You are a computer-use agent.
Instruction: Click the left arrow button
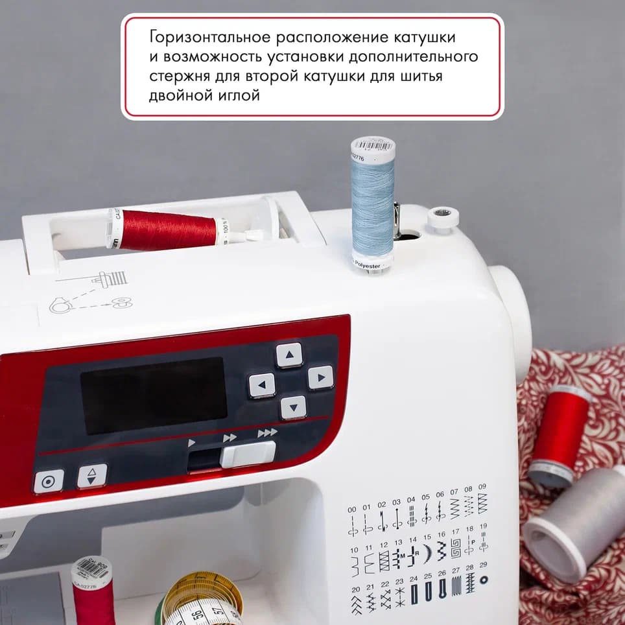[x=262, y=386]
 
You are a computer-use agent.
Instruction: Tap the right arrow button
[x=320, y=377]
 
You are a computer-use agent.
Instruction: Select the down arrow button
[x=293, y=407]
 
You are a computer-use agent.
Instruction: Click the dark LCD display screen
[x=154, y=395]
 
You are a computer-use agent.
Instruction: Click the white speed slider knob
[x=248, y=454]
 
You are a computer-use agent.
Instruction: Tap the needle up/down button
[x=92, y=476]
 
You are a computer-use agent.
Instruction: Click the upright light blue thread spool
[x=373, y=204]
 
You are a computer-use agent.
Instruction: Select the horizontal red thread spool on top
[x=169, y=230]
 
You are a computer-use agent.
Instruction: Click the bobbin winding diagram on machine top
[x=91, y=292]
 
